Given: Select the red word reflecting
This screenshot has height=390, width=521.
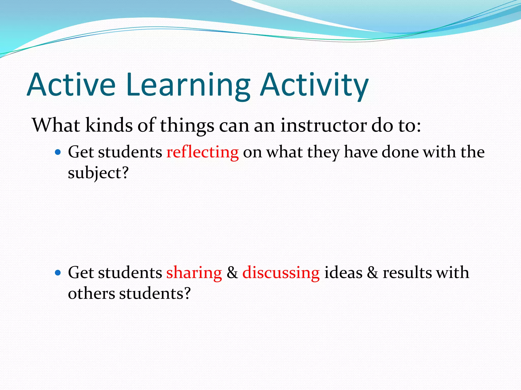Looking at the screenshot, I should click(x=202, y=152).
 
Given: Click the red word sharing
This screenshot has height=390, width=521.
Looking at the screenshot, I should click(x=194, y=273).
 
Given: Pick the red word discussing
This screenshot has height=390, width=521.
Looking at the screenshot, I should click(x=281, y=273).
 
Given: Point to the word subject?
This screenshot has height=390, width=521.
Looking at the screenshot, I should click(x=98, y=173).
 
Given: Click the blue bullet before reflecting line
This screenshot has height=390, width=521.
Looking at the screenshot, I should click(x=58, y=152).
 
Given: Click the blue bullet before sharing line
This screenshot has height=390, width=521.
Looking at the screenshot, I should click(x=58, y=273).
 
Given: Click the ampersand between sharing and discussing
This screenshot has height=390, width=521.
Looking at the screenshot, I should click(x=232, y=273).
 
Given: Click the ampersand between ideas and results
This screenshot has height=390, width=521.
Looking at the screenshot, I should click(x=372, y=273).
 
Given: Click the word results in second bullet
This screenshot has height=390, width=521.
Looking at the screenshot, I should click(x=406, y=273).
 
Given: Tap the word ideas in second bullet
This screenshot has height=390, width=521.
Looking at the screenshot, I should click(x=343, y=273).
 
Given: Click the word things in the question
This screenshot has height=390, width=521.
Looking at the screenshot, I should click(x=187, y=126).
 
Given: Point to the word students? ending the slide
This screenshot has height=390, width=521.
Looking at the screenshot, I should click(x=155, y=294).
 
